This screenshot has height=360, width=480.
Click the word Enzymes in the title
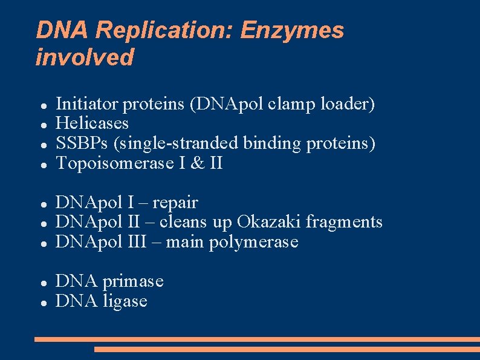point(292,30)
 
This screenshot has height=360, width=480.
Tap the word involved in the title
point(85,57)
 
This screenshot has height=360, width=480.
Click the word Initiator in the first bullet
point(87,104)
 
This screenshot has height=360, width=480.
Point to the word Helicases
point(92,123)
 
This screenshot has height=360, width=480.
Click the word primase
point(133,281)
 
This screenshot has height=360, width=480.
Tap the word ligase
point(125,301)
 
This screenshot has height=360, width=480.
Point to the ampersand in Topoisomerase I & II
point(198,163)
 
